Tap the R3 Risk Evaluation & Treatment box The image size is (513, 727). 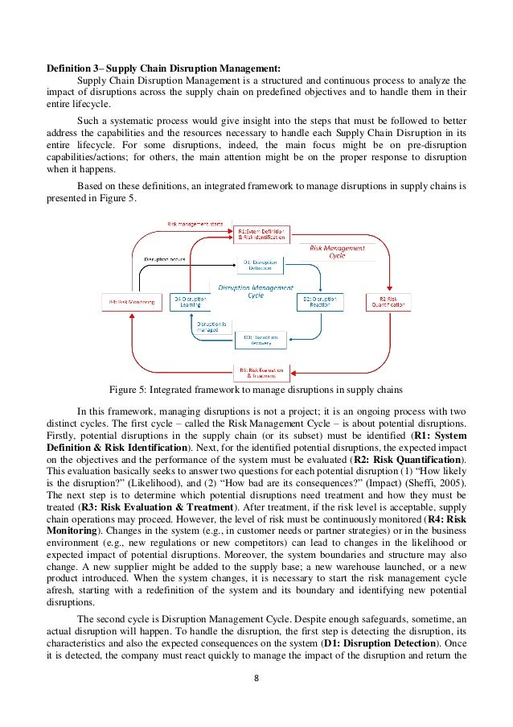coord(261,373)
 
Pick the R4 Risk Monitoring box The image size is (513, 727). coord(133,302)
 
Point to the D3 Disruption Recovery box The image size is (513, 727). coord(260,339)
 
